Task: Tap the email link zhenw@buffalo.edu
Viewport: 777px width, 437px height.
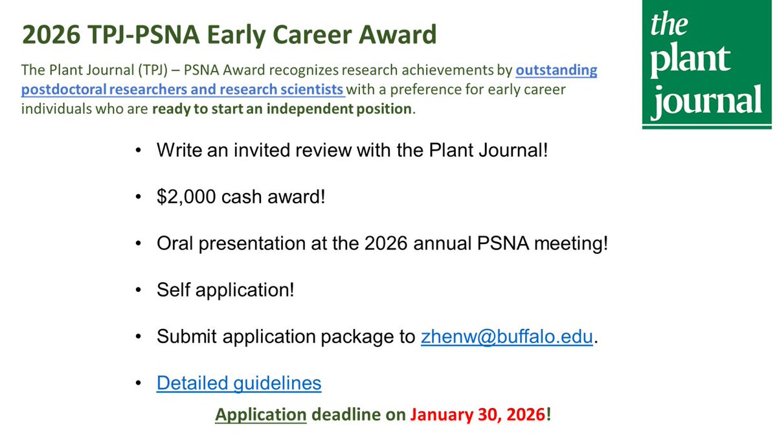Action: click(x=507, y=337)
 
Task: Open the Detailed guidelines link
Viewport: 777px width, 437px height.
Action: click(x=239, y=383)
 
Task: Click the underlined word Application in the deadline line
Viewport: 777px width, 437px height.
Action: click(x=261, y=414)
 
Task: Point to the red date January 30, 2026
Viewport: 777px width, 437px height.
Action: click(x=477, y=414)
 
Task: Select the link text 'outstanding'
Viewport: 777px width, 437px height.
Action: click(x=556, y=70)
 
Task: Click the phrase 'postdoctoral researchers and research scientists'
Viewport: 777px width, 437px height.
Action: click(x=183, y=89)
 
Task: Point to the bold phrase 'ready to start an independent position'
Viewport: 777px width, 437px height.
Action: click(x=282, y=109)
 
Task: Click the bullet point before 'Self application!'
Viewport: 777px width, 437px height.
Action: click(x=138, y=291)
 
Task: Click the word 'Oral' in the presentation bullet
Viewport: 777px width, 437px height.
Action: click(x=174, y=244)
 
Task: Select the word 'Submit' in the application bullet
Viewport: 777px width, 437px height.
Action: click(x=186, y=337)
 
